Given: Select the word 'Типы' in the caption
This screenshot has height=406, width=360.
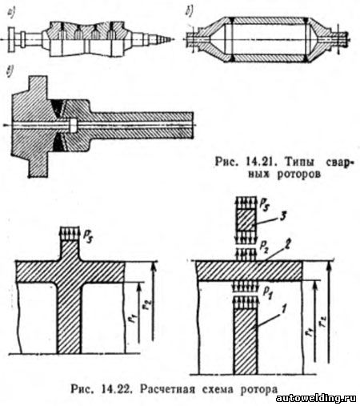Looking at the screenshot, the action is [x=299, y=162].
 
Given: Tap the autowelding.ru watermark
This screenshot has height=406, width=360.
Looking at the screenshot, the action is [x=316, y=399].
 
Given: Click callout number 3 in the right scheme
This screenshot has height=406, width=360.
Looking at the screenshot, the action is [x=283, y=216].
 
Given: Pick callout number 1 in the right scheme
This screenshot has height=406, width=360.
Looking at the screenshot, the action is [x=284, y=310].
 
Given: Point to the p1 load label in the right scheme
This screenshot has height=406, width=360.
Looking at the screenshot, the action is [x=267, y=292].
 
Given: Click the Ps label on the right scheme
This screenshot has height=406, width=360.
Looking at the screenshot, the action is [x=264, y=204].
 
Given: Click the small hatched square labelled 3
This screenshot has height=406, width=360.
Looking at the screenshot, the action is [x=246, y=220].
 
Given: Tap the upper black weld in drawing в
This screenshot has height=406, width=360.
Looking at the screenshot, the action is [x=58, y=108].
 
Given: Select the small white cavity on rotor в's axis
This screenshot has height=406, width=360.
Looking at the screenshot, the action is [x=73, y=125].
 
